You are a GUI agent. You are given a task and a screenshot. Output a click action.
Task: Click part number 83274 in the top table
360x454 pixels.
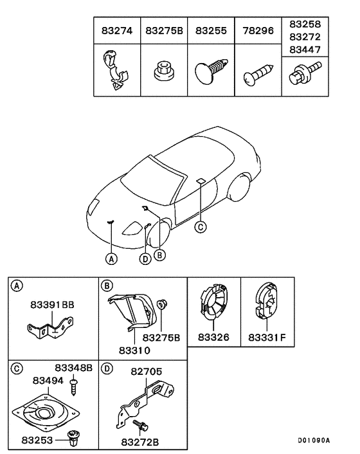pyautogui.click(x=117, y=30)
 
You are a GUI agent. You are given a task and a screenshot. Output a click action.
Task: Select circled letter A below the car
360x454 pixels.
pyautogui.click(x=111, y=259)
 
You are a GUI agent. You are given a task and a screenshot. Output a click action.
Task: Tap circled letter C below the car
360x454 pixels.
pyautogui.click(x=201, y=226)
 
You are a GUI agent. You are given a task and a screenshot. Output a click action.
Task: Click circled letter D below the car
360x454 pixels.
pyautogui.click(x=145, y=259)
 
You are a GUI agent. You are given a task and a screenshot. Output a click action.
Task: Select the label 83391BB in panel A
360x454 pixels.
pyautogui.click(x=51, y=306)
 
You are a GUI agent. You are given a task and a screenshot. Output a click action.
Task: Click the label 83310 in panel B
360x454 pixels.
pyautogui.click(x=134, y=350)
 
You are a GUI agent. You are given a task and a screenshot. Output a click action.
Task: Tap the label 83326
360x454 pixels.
pyautogui.click(x=213, y=336)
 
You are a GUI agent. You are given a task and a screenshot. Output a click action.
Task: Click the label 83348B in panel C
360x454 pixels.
pyautogui.click(x=73, y=368)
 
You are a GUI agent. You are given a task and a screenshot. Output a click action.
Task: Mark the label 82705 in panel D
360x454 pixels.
pyautogui.click(x=148, y=371)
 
